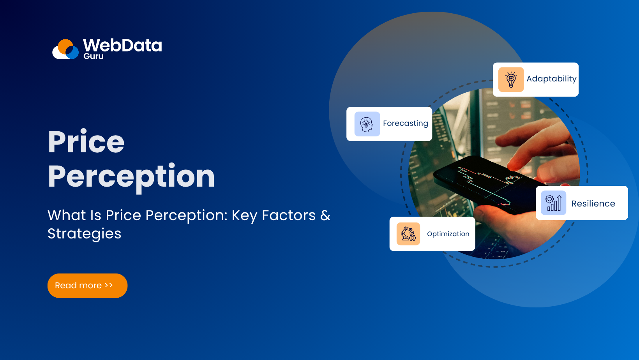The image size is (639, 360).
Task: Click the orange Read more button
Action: pos(87,286)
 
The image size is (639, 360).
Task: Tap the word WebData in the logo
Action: pos(122,46)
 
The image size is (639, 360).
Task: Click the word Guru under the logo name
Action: pos(94,56)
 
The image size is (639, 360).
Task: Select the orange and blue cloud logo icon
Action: pos(66,49)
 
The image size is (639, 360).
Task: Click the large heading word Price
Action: pos(86,142)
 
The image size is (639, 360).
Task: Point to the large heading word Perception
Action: pos(131,176)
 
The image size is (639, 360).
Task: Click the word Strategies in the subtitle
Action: pos(85,234)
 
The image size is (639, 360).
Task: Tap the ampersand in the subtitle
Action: pos(325,215)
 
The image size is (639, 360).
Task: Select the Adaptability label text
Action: pos(551,79)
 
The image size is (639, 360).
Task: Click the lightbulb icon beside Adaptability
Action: pos(511,79)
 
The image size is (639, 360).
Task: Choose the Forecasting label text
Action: pos(405,124)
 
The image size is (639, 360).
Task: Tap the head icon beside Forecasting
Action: pos(367,124)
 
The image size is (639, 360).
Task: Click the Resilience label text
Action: pos(593,203)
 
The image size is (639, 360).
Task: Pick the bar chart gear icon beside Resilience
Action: pos(553,203)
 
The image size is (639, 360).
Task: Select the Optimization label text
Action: pos(448,234)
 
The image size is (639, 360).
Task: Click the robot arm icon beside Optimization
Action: pos(408,234)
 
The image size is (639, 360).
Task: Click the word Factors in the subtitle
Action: pos(288,215)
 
